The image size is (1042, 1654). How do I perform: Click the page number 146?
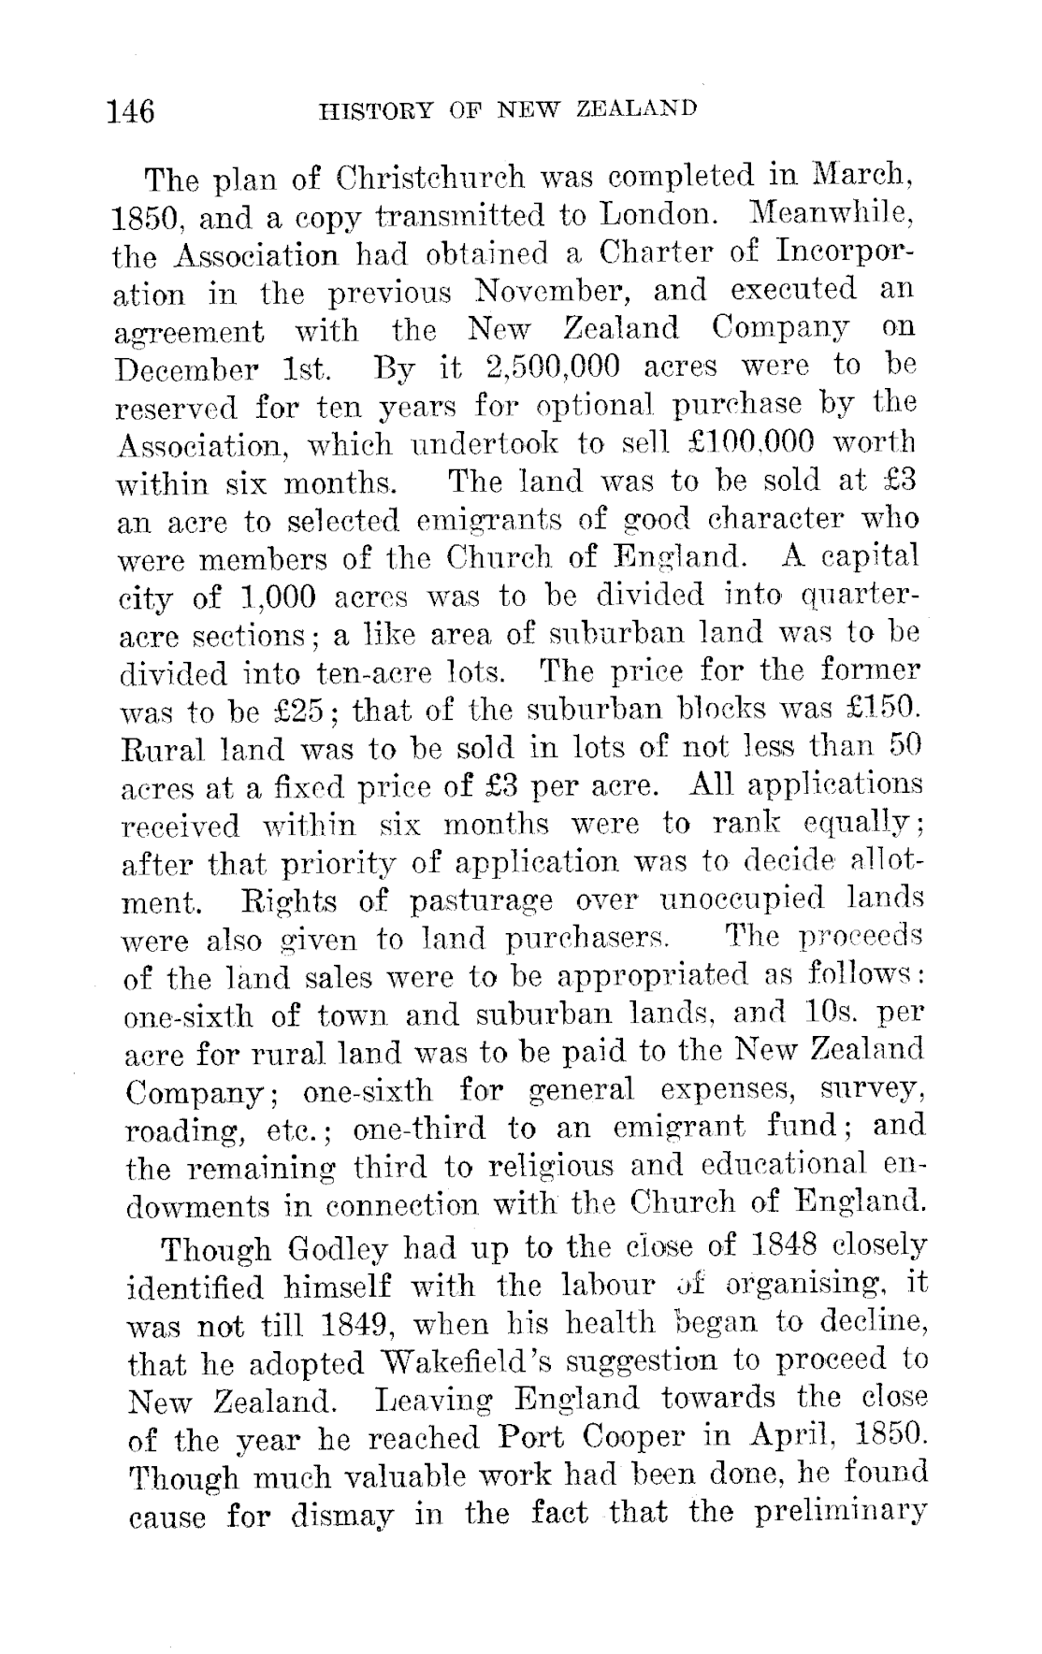click(x=131, y=111)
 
